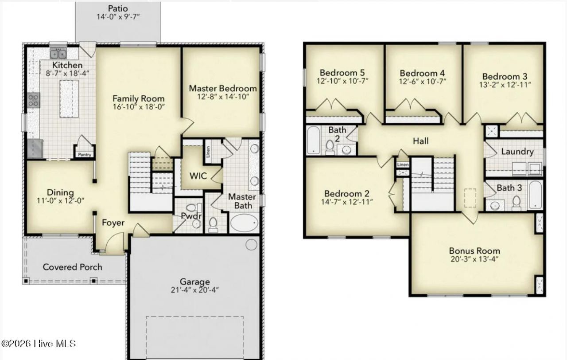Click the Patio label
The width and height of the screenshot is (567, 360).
point(118,8)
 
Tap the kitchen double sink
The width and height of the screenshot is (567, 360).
point(58,54)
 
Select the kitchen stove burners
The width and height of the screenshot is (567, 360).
point(34,100)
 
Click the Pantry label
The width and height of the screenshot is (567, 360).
point(85,155)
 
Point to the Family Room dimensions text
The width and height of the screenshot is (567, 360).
point(139,107)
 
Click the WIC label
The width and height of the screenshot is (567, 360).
point(198,176)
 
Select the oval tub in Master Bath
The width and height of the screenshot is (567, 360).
point(244,223)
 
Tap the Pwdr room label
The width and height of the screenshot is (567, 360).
point(191,216)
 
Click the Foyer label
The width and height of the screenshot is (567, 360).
point(113,223)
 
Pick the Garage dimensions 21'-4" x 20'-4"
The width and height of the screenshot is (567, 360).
point(194,290)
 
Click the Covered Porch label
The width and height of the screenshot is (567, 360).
point(72,267)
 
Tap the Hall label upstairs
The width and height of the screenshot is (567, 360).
point(421,141)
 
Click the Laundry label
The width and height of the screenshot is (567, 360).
point(517,152)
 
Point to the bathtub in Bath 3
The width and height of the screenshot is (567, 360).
point(535,195)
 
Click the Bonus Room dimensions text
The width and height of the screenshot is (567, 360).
point(474,259)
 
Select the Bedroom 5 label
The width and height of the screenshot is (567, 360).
point(342,73)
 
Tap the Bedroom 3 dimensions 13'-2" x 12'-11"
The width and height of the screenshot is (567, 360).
point(505,85)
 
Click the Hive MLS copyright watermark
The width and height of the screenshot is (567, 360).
point(39,344)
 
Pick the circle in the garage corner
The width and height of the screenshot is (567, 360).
point(251,245)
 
